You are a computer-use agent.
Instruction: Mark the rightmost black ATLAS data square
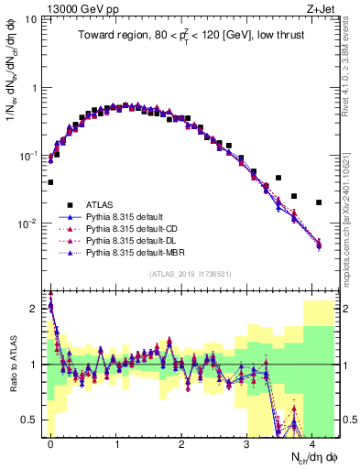tap(319, 202)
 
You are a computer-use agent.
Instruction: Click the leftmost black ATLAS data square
tap(50, 182)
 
